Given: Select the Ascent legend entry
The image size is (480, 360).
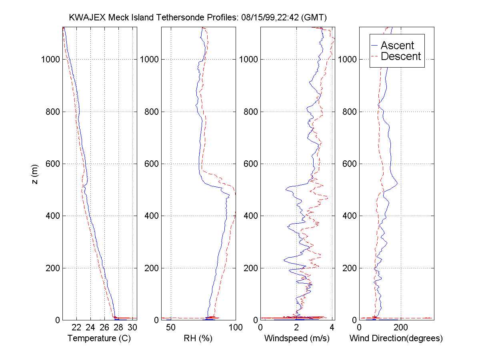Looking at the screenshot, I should tap(397, 45).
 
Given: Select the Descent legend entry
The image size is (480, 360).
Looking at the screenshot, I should tap(401, 56).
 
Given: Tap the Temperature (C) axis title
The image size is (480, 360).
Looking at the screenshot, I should tap(99, 338).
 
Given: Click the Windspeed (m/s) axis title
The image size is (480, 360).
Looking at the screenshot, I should tap(297, 338).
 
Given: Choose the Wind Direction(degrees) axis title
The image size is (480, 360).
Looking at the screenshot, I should tap(396, 338).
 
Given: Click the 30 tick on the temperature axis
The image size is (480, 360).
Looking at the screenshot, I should tap(132, 327).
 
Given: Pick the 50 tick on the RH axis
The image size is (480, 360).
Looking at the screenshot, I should tap(171, 327).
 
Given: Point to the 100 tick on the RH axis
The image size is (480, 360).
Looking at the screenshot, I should tap(235, 327).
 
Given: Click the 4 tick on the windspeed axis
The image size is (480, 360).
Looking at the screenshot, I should tap(332, 327).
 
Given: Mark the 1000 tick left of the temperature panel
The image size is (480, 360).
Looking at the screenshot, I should tap(51, 60).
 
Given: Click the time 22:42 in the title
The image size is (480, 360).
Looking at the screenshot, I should tap(285, 18).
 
